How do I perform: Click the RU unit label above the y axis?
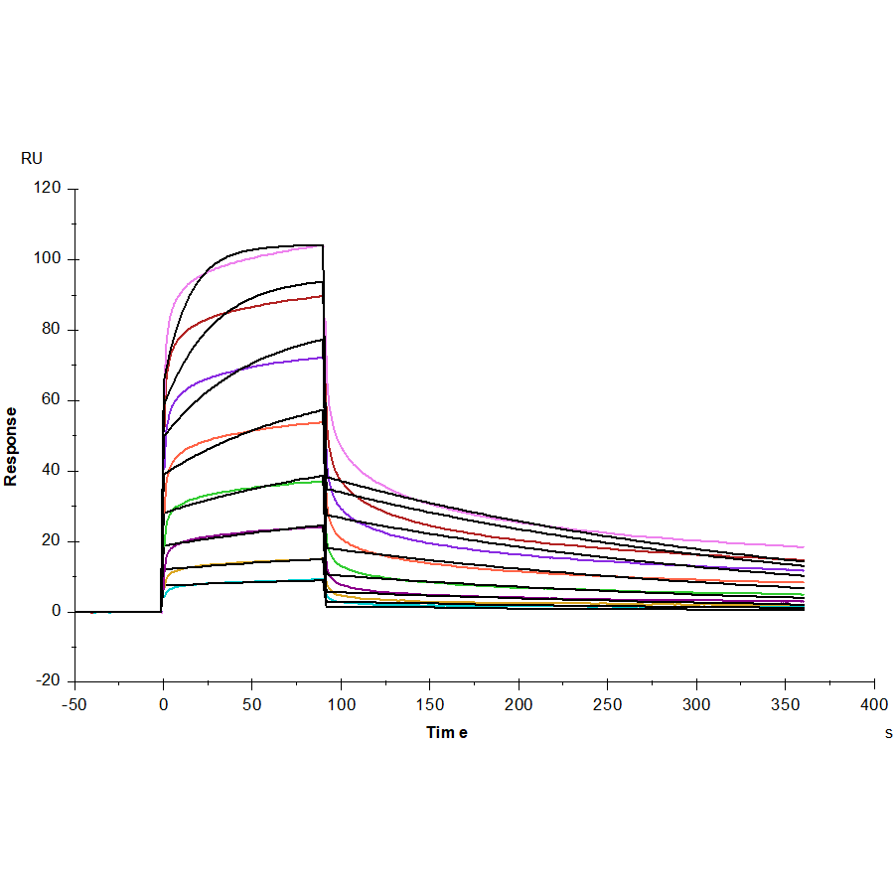pos(32,158)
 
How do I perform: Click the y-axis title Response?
pos(11,446)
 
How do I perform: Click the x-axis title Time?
pos(447,732)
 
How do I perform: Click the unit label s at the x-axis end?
pos(888,733)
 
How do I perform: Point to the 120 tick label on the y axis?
pos(48,189)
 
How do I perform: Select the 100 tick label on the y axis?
pos(48,259)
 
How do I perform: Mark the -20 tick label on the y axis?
pos(48,681)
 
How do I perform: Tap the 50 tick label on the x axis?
pos(252,704)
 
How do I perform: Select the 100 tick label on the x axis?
pos(341,704)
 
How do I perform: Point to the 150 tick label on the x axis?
pos(430,704)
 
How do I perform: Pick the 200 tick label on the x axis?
pos(519,704)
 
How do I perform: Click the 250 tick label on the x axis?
pos(608,704)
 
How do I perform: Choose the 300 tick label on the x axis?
pos(696,704)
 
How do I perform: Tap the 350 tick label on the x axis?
pos(786,704)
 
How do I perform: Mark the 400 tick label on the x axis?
pos(874,704)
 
